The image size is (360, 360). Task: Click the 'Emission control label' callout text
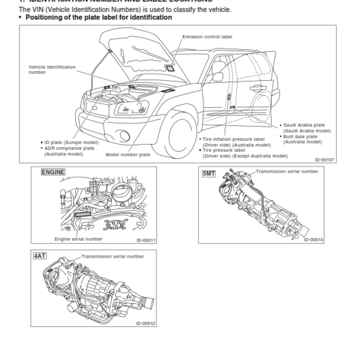[207, 36]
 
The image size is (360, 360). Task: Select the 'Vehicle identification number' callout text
[52, 69]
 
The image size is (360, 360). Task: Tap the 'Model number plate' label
[128, 154]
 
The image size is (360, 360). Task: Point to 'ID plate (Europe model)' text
[71, 142]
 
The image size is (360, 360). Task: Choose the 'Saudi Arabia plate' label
[304, 125]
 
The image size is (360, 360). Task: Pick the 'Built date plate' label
[300, 136]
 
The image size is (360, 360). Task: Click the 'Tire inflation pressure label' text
[234, 139]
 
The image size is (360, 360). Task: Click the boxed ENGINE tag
[53, 172]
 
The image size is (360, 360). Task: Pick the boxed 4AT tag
[40, 256]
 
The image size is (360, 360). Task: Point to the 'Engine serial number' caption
[78, 239]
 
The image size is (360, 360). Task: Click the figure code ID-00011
[146, 240]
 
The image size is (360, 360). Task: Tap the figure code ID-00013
[313, 239]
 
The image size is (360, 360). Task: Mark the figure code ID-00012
[146, 324]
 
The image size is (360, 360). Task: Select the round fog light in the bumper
[122, 133]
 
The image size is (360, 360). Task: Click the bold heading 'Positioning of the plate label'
[98, 18]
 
